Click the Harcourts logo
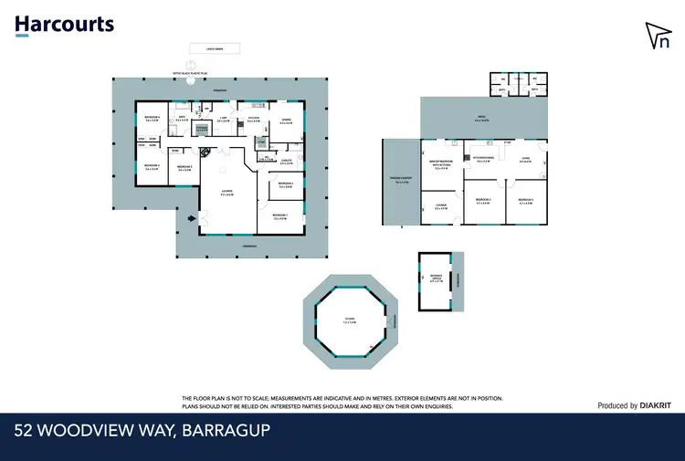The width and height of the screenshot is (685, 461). coord(64,24)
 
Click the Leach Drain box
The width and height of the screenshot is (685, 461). coord(215,48)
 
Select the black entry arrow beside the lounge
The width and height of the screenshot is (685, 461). coord(190,218)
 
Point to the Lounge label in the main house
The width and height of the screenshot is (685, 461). coord(226,193)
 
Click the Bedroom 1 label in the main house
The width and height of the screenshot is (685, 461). coord(280,216)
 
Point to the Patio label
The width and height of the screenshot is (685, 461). coord(479,118)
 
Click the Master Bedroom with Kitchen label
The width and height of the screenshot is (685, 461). coord(441,164)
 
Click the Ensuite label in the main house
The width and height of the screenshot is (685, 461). coord(286,162)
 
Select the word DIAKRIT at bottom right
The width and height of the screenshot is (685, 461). coord(656,405)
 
